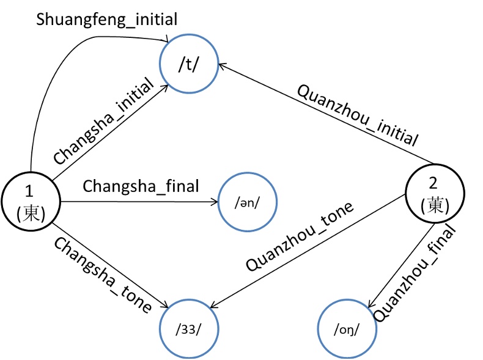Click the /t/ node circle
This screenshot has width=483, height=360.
(x=188, y=66)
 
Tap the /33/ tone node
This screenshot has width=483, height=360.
(x=188, y=330)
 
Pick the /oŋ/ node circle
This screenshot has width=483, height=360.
(x=347, y=330)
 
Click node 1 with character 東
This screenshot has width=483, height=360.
(x=30, y=202)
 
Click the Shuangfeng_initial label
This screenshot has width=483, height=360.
(x=106, y=19)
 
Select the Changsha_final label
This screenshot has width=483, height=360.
(x=140, y=185)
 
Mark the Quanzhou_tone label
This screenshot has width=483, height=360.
(x=300, y=236)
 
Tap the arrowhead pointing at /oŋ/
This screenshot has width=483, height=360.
(x=371, y=306)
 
